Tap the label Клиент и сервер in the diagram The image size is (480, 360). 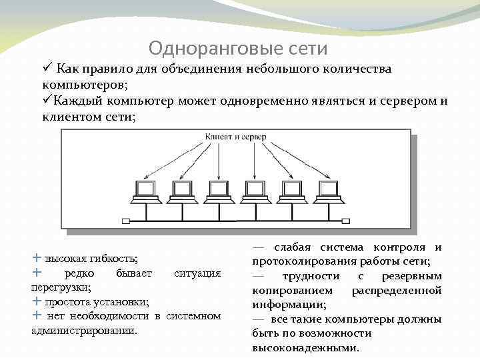tap(235, 137)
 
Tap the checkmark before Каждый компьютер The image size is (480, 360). tap(47, 101)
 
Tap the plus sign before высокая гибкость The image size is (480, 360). tap(36, 257)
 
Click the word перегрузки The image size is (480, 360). tap(60, 287)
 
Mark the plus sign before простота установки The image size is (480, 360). tap(36, 301)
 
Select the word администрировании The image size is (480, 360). tap(84, 330)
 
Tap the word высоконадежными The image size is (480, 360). tap(305, 348)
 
